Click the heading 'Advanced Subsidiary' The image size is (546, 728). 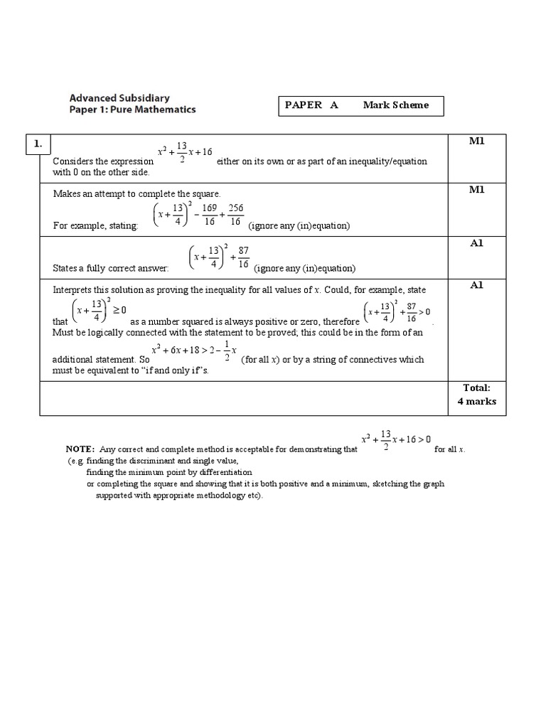[119, 97]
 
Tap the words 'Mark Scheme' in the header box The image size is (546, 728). [396, 105]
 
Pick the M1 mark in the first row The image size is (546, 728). [476, 141]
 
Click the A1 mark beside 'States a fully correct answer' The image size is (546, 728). [476, 242]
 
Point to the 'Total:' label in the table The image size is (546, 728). [476, 388]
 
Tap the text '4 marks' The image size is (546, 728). [476, 402]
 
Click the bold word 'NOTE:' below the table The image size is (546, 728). [80, 449]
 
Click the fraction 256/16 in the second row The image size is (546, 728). [235, 215]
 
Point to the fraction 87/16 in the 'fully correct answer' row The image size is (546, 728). [243, 257]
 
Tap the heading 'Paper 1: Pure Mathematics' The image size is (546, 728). [132, 110]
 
